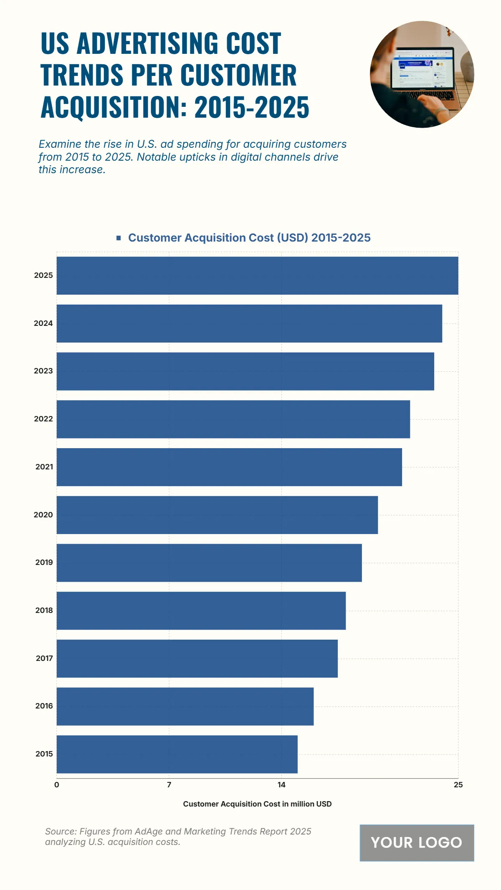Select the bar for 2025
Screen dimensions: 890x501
coord(257,275)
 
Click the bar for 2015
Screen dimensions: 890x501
coord(177,754)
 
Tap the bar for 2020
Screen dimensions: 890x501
coord(217,515)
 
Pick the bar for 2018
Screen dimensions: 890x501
coord(201,610)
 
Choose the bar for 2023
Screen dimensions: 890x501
coord(245,371)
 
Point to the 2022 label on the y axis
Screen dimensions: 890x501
coord(43,419)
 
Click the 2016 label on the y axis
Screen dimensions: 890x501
coord(44,706)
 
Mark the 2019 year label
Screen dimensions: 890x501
coord(44,562)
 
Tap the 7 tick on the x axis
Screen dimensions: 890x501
coord(169,785)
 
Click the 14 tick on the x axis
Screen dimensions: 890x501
coord(281,785)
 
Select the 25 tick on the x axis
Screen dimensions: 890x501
coord(458,785)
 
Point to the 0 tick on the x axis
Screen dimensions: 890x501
coord(57,785)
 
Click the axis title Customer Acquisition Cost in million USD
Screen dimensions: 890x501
coord(257,804)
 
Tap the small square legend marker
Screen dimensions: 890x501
coord(119,238)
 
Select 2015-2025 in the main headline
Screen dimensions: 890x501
coord(252,107)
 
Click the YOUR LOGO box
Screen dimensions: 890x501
coord(417,842)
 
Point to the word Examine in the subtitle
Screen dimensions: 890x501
coord(60,144)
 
